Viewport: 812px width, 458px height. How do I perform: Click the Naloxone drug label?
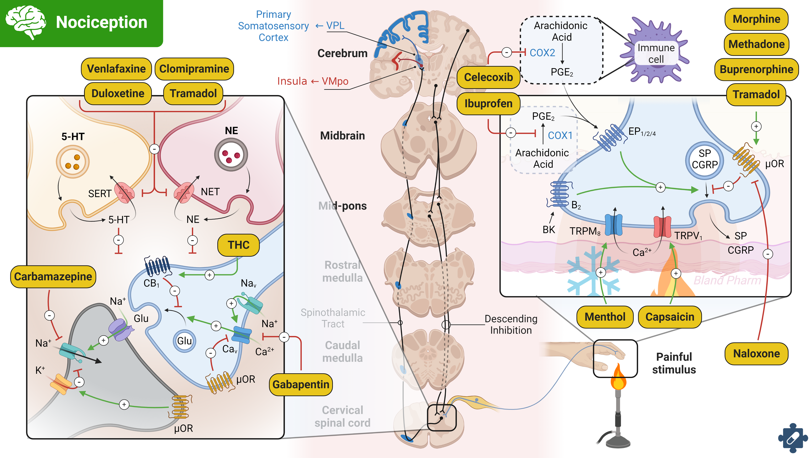pyautogui.click(x=756, y=353)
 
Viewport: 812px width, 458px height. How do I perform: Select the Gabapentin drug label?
pyautogui.click(x=301, y=385)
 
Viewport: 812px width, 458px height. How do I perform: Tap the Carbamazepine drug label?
pyautogui.click(x=53, y=277)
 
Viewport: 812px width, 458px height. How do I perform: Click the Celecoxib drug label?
pyautogui.click(x=488, y=77)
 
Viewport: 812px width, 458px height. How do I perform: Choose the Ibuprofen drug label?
pyautogui.click(x=488, y=103)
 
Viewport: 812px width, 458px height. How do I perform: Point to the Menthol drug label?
pyautogui.click(x=605, y=317)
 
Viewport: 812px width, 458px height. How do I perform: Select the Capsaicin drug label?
pyautogui.click(x=670, y=317)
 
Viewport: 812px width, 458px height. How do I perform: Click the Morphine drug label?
pyautogui.click(x=756, y=19)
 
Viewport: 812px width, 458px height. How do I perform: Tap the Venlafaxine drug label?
pyautogui.click(x=116, y=69)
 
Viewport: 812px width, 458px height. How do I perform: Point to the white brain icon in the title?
pyautogui.click(x=26, y=22)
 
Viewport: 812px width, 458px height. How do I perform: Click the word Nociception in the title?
pyautogui.click(x=101, y=22)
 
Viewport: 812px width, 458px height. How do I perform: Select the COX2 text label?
pyautogui.click(x=542, y=52)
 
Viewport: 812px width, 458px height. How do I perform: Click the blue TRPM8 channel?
pyautogui.click(x=613, y=225)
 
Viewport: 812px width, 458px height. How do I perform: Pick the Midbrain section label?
pyautogui.click(x=342, y=136)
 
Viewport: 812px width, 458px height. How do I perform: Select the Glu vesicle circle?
pyautogui.click(x=184, y=341)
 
